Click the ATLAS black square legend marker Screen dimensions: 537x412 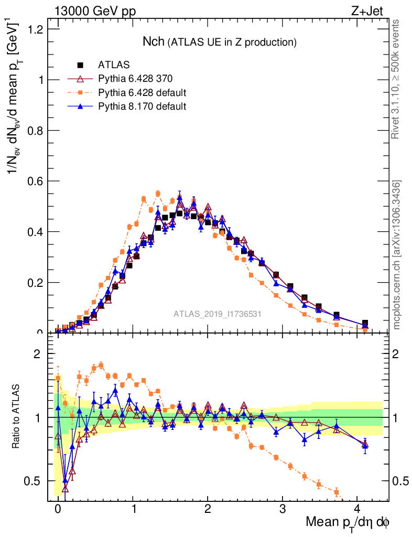point(81,66)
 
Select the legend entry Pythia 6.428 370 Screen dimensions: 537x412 point(135,79)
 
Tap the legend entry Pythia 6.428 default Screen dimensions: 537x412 point(142,93)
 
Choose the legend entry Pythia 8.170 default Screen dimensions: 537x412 point(142,106)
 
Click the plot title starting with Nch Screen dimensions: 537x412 point(220,41)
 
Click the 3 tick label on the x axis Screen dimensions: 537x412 point(283,509)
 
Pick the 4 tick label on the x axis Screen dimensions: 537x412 point(357,509)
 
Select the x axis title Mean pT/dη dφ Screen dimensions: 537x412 point(348,522)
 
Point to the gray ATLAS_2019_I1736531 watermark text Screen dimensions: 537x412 point(218,314)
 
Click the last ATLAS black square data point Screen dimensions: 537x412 point(365,323)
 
